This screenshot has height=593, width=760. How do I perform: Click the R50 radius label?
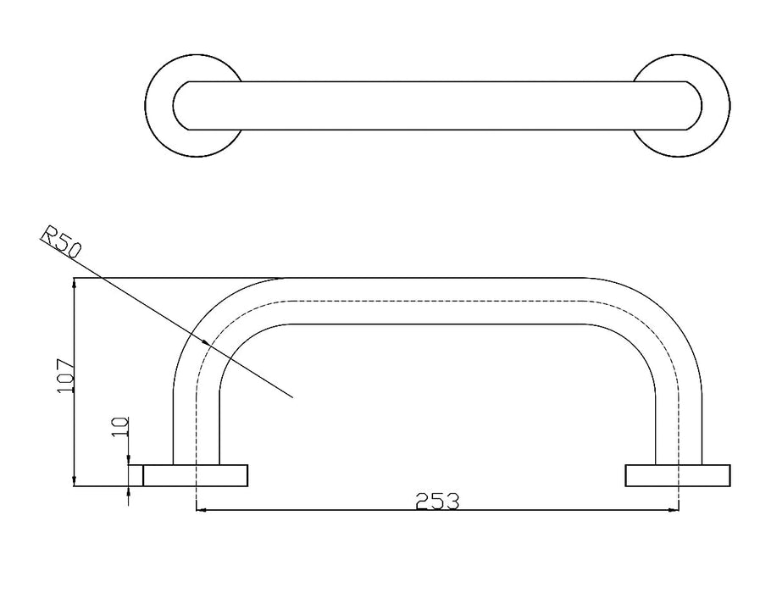coord(61,241)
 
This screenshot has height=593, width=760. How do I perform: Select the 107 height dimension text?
coord(65,376)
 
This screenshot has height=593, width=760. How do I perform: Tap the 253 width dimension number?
coord(437,502)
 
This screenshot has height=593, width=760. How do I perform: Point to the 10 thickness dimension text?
coord(120,427)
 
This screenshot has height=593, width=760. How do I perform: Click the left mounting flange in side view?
coord(196,475)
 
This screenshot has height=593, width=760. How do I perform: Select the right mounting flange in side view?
coord(678,475)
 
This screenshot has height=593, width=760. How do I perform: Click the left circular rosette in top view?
coord(194,106)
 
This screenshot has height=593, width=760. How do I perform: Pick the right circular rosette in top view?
coord(680,106)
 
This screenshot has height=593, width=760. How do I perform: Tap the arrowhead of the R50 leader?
coord(207,342)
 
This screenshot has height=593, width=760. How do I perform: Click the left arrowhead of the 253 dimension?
coord(200,510)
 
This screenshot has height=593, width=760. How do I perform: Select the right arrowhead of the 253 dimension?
coord(674,510)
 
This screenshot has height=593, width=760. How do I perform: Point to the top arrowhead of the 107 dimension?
coord(74,284)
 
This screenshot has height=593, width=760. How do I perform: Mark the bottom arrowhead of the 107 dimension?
coord(74,480)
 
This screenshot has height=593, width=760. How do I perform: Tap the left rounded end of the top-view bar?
coord(180,106)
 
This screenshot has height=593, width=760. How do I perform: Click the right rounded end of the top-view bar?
coord(694,106)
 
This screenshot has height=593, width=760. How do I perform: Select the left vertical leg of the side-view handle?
coord(196,427)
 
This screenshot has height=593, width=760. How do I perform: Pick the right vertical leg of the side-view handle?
coord(678,427)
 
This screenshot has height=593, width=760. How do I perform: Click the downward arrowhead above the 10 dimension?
coord(129,459)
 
